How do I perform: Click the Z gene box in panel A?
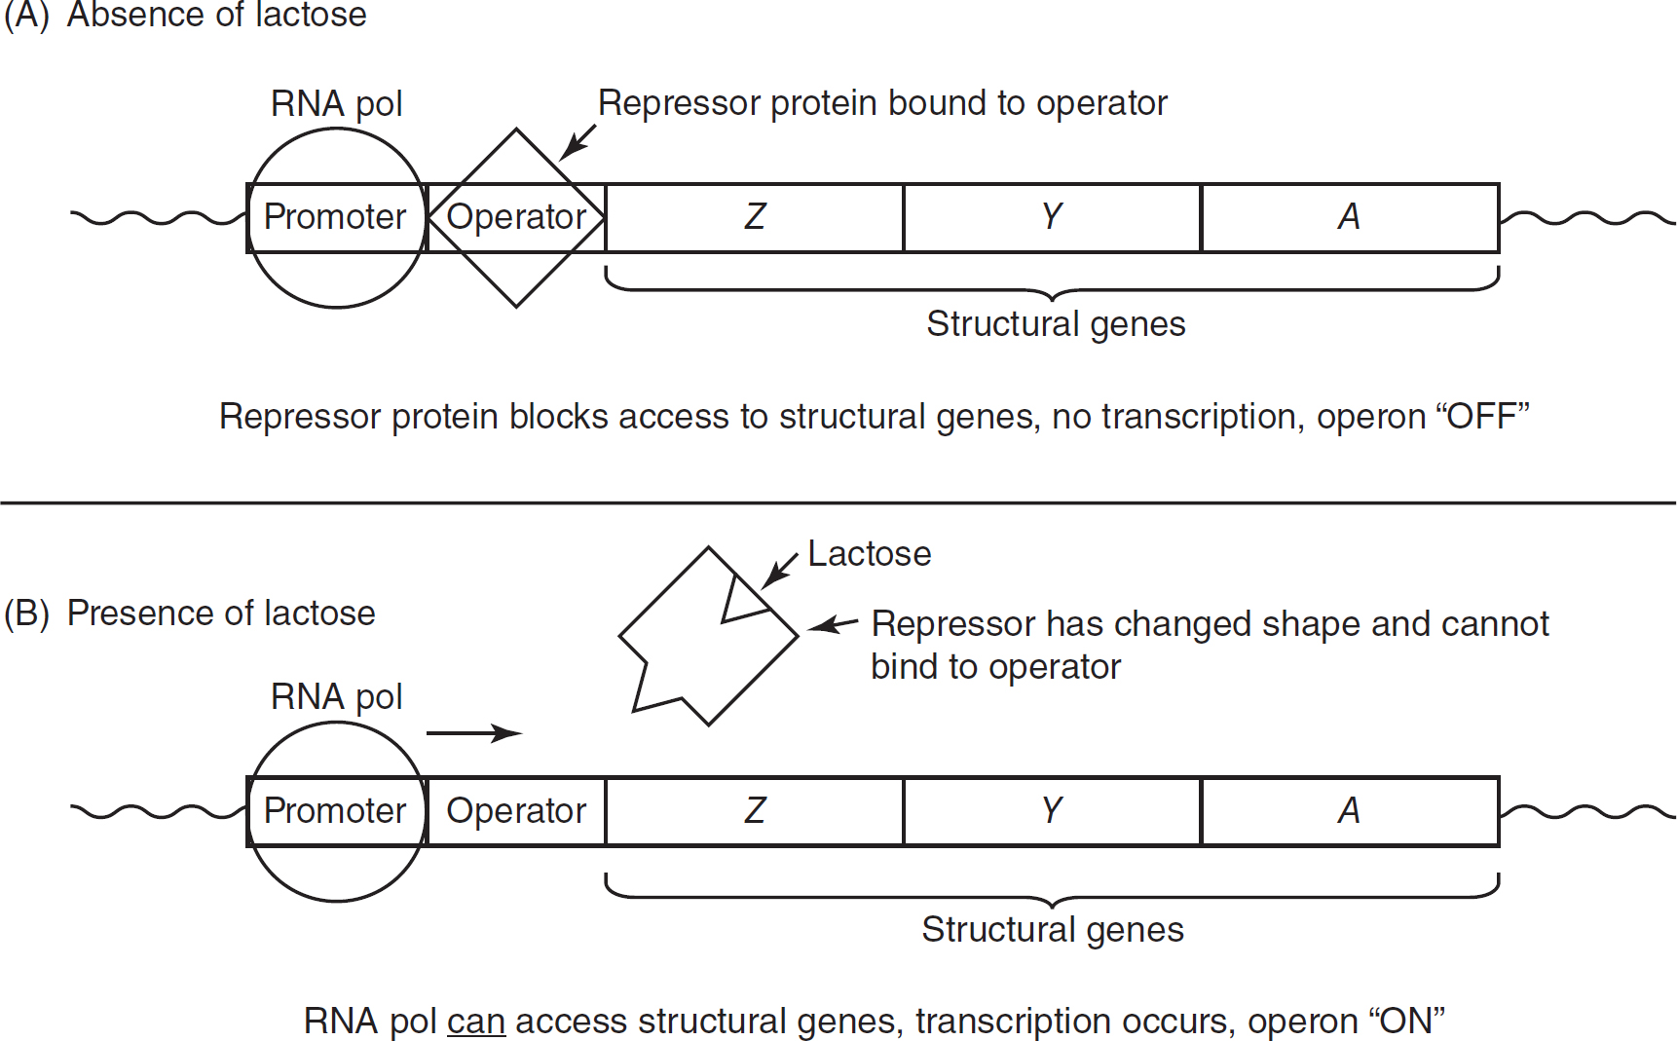[755, 217]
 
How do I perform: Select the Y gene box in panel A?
[1052, 217]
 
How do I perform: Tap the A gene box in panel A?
[1350, 217]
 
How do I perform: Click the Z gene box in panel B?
[755, 811]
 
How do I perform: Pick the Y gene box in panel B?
[1052, 811]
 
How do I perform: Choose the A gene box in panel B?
[1350, 811]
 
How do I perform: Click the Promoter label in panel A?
[335, 217]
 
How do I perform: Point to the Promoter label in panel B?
[335, 811]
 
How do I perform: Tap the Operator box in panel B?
[516, 811]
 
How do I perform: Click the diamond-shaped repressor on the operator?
[516, 156]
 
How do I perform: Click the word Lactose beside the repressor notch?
[870, 554]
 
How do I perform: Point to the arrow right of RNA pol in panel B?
[474, 732]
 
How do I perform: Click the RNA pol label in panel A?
[337, 104]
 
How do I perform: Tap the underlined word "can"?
[476, 1022]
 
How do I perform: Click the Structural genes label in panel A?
[1056, 324]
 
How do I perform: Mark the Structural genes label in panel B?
[1053, 930]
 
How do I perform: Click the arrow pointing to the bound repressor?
[578, 142]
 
